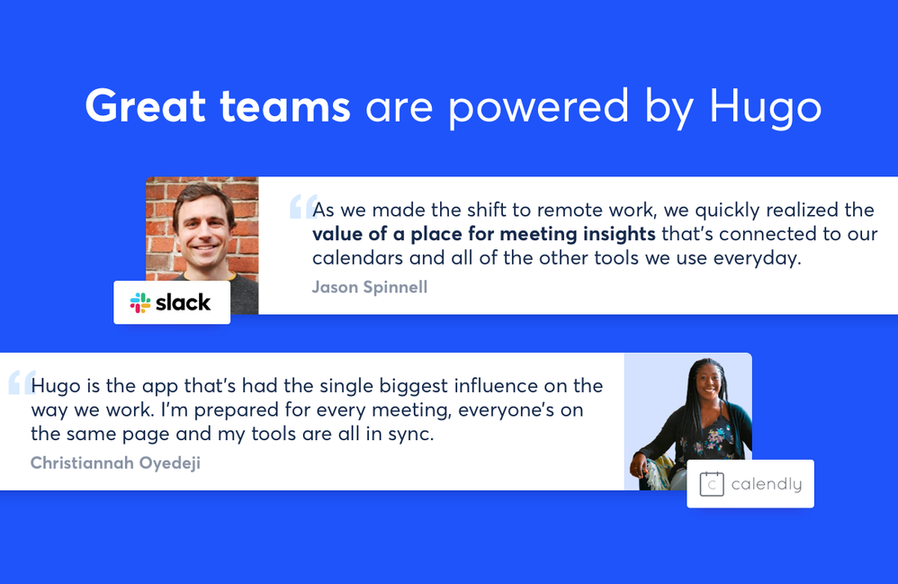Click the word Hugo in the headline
[766, 108]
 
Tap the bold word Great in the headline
[146, 105]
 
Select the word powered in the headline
[538, 108]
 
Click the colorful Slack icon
[140, 303]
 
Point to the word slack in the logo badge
[184, 302]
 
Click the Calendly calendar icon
[712, 484]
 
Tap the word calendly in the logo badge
[767, 484]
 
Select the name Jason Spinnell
[370, 287]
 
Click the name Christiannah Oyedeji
[115, 463]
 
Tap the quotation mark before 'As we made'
[303, 207]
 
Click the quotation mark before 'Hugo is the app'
[22, 382]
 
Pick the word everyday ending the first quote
[757, 259]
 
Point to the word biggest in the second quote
[412, 386]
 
